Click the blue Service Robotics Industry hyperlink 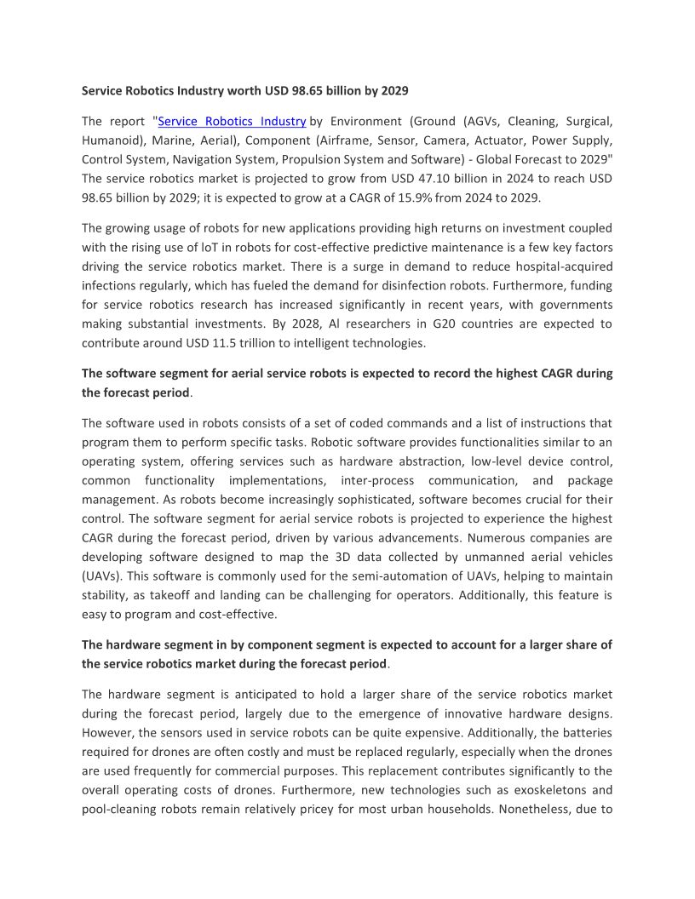tap(232, 122)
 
